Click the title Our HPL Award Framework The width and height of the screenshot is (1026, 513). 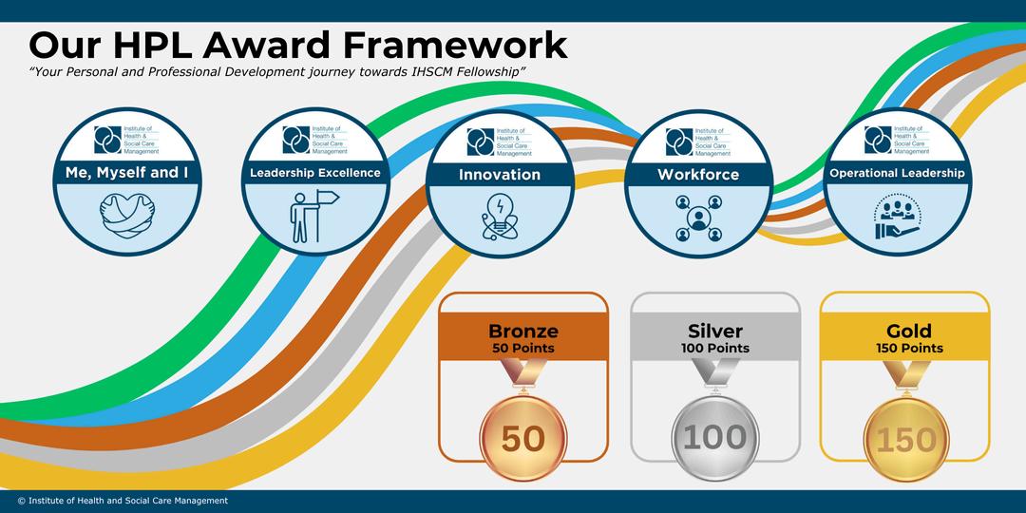(x=298, y=45)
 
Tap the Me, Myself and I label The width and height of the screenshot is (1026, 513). (x=126, y=172)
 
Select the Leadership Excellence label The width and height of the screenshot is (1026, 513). (x=314, y=173)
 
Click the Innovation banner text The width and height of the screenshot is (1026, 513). (x=500, y=175)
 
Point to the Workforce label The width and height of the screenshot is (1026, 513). (x=698, y=175)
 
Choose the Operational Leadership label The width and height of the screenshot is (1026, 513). (x=897, y=173)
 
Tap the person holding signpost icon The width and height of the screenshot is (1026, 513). (x=313, y=216)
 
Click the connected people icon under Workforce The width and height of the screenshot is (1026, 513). (x=698, y=218)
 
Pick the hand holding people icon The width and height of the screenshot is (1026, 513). (x=897, y=218)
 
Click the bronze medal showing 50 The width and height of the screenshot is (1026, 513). (x=522, y=438)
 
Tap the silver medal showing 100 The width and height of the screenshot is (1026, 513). (x=715, y=438)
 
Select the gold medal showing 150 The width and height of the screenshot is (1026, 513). (x=904, y=439)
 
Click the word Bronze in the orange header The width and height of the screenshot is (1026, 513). (x=522, y=332)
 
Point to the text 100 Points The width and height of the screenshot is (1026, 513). (x=715, y=349)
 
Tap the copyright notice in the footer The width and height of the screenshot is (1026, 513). (x=123, y=501)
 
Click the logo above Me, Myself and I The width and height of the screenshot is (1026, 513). (x=126, y=139)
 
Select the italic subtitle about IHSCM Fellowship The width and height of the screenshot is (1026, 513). (x=277, y=73)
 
